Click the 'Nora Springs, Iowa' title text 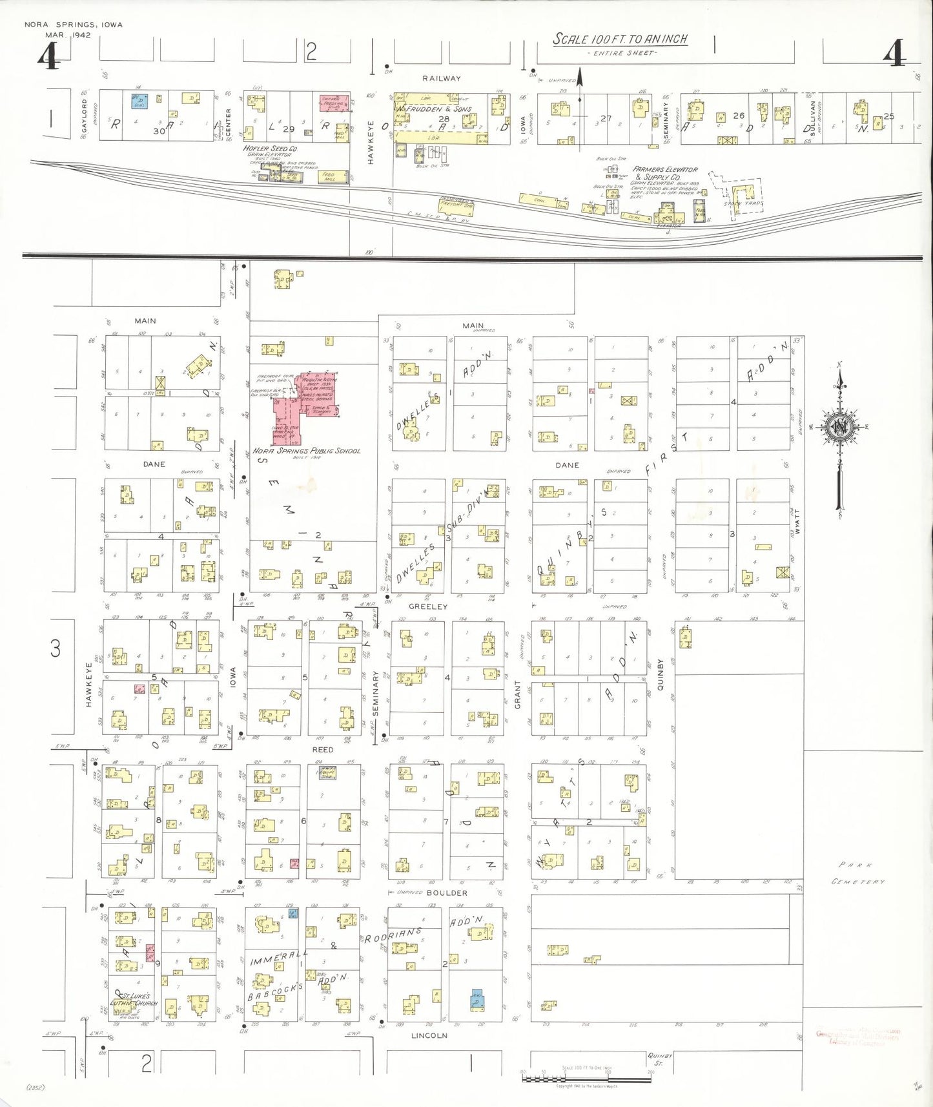click(x=73, y=25)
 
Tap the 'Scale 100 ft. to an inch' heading click(x=620, y=39)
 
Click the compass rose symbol click(x=840, y=428)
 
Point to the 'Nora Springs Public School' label click(x=306, y=451)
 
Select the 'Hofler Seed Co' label click(x=270, y=149)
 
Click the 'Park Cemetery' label click(x=858, y=873)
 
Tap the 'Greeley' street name click(x=428, y=606)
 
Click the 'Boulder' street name click(x=447, y=893)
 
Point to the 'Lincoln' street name click(x=429, y=1035)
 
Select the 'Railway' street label click(x=442, y=78)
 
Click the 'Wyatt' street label click(x=797, y=521)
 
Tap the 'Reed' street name click(x=323, y=750)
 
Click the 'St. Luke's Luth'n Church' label click(x=134, y=1000)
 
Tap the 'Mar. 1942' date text click(x=68, y=35)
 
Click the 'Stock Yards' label click(x=743, y=203)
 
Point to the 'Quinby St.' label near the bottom click(x=660, y=1059)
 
